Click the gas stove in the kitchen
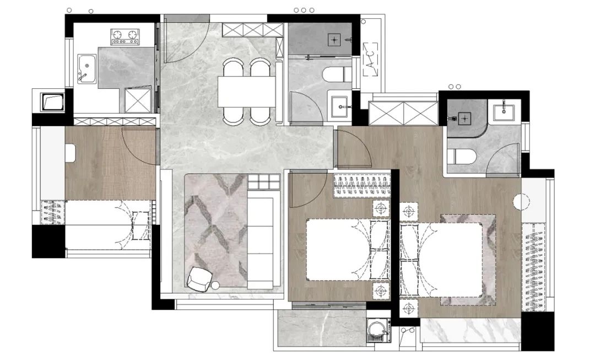(125, 36)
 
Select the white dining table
(246, 92)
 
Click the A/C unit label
(371, 59)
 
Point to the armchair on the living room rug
(199, 278)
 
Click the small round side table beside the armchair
(215, 285)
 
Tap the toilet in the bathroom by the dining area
(337, 74)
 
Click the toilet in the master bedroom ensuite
(461, 157)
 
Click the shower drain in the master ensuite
(465, 119)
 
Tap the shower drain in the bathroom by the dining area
(334, 40)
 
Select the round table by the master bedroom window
(521, 202)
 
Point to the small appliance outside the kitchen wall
(53, 102)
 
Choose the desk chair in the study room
(71, 153)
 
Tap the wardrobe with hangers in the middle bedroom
(362, 186)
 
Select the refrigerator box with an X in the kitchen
(138, 100)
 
